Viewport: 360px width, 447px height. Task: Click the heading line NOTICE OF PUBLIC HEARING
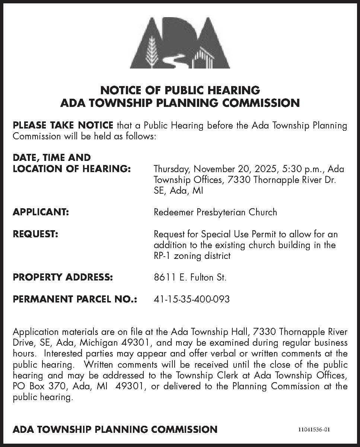click(x=180, y=90)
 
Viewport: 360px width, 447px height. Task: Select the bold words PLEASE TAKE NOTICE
click(x=63, y=125)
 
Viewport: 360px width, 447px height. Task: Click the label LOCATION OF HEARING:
click(x=71, y=169)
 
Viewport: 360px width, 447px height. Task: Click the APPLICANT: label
click(x=41, y=212)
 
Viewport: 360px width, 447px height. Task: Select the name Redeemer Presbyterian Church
click(x=215, y=212)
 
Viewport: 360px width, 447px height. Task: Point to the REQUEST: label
click(x=35, y=234)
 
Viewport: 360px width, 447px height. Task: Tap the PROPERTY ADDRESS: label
click(x=63, y=278)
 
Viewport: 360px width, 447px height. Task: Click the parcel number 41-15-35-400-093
click(x=191, y=299)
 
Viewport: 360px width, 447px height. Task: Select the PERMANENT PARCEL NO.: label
click(x=75, y=299)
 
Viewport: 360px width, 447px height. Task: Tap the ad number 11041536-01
click(x=314, y=429)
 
